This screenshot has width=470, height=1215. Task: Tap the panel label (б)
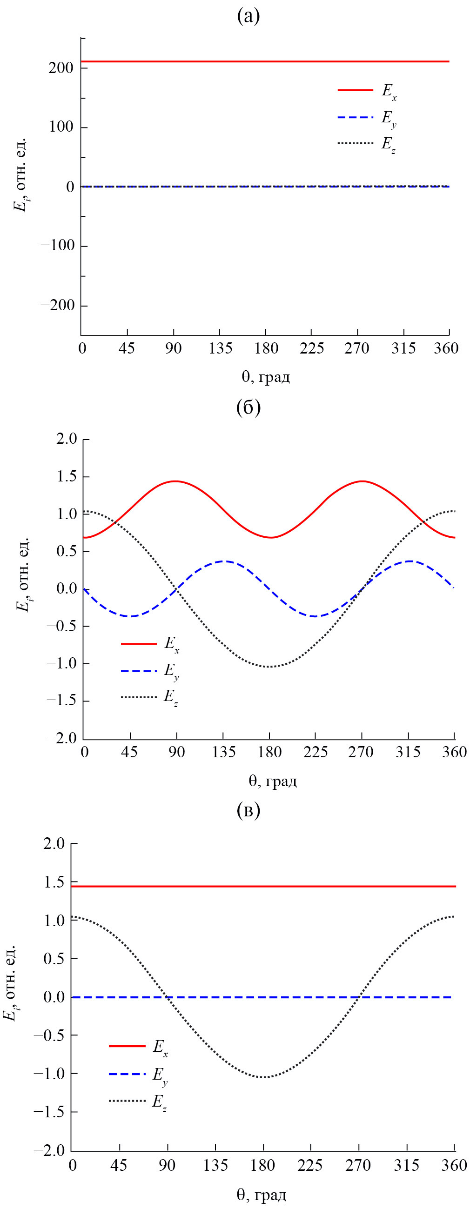248,407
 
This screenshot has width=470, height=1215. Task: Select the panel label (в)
248,810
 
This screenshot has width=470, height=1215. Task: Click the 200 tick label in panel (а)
61,68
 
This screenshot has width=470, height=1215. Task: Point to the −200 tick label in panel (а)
58,306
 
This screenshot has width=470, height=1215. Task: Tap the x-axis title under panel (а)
266,376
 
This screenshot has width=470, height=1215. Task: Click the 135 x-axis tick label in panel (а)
221,348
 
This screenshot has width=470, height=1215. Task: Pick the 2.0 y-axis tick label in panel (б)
66,439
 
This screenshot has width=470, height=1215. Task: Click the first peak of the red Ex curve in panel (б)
175,481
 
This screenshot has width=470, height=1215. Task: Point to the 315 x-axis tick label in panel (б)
408,752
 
